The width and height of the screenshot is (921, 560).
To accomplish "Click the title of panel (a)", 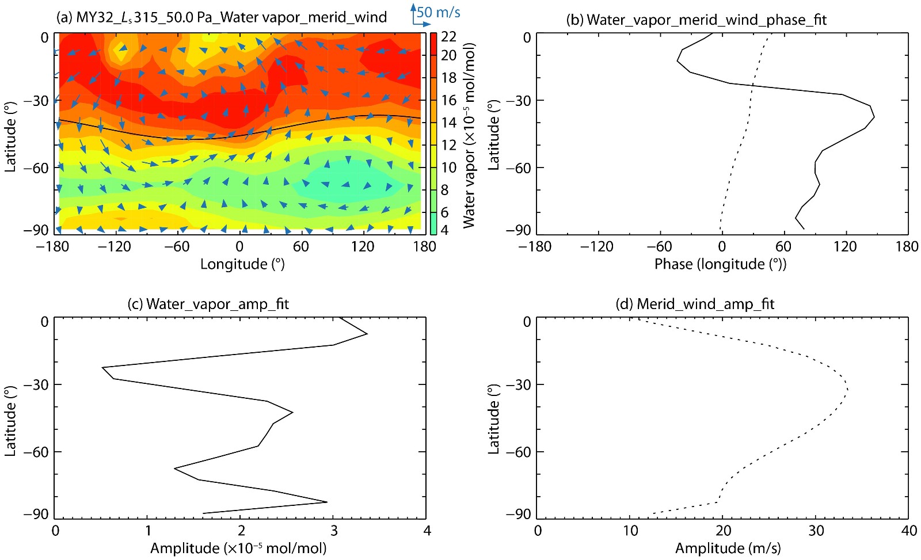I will tap(222, 17).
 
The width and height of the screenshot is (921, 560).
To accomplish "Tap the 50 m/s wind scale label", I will tap(439, 12).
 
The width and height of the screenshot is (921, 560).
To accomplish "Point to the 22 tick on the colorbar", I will tap(448, 37).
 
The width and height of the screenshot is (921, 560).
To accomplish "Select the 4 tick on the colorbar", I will tap(444, 230).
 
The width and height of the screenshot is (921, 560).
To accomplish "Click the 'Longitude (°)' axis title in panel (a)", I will tap(242, 264).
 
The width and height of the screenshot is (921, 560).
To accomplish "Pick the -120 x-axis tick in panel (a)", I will tap(115, 247).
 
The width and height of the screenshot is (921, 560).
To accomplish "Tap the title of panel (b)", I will tap(697, 20).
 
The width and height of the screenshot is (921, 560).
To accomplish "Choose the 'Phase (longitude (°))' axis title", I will tap(720, 264).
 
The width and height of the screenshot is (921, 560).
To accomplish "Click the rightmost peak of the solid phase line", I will tap(874, 117).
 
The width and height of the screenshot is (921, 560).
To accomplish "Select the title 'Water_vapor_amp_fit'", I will tap(208, 304).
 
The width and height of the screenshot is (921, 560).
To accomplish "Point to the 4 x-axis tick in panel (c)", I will tap(427, 530).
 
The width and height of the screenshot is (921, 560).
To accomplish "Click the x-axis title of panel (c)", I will tap(238, 548).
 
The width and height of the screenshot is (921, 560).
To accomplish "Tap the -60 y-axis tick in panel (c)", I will tap(36, 452).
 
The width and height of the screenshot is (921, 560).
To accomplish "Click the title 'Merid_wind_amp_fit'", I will tap(695, 304).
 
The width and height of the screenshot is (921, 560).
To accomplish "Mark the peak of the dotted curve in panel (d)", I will tap(848, 390).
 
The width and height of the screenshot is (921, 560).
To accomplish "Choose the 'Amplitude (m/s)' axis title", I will tap(728, 548).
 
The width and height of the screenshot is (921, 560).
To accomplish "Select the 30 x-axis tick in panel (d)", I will tap(816, 530).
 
